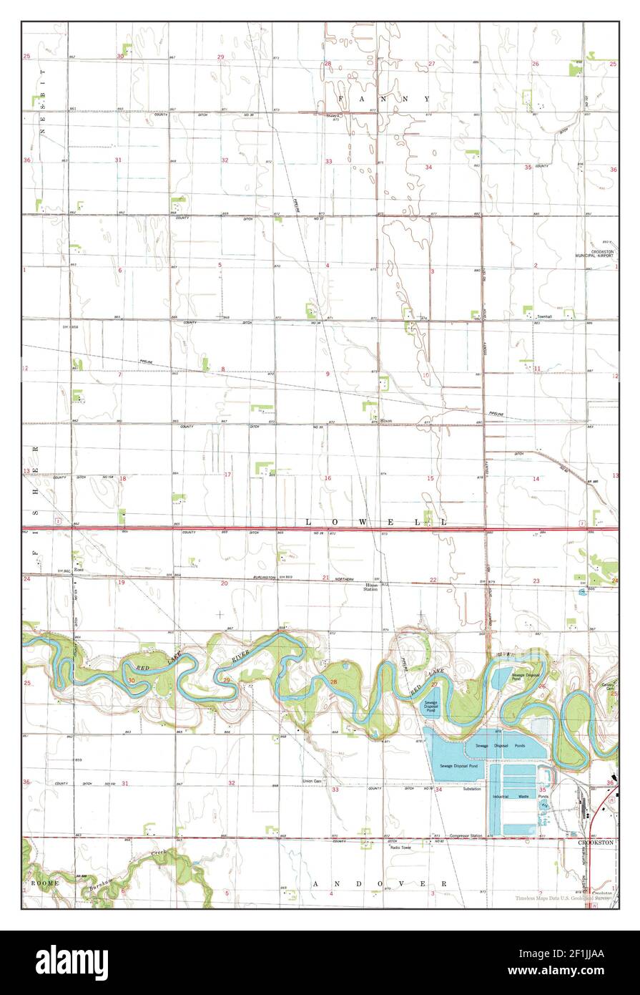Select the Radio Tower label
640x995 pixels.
point(400,848)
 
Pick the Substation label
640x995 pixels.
point(471,789)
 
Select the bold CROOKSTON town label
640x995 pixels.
point(596,843)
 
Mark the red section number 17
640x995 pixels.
point(227,475)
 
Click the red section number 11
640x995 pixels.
point(536,369)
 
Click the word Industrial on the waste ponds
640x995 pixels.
point(504,796)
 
